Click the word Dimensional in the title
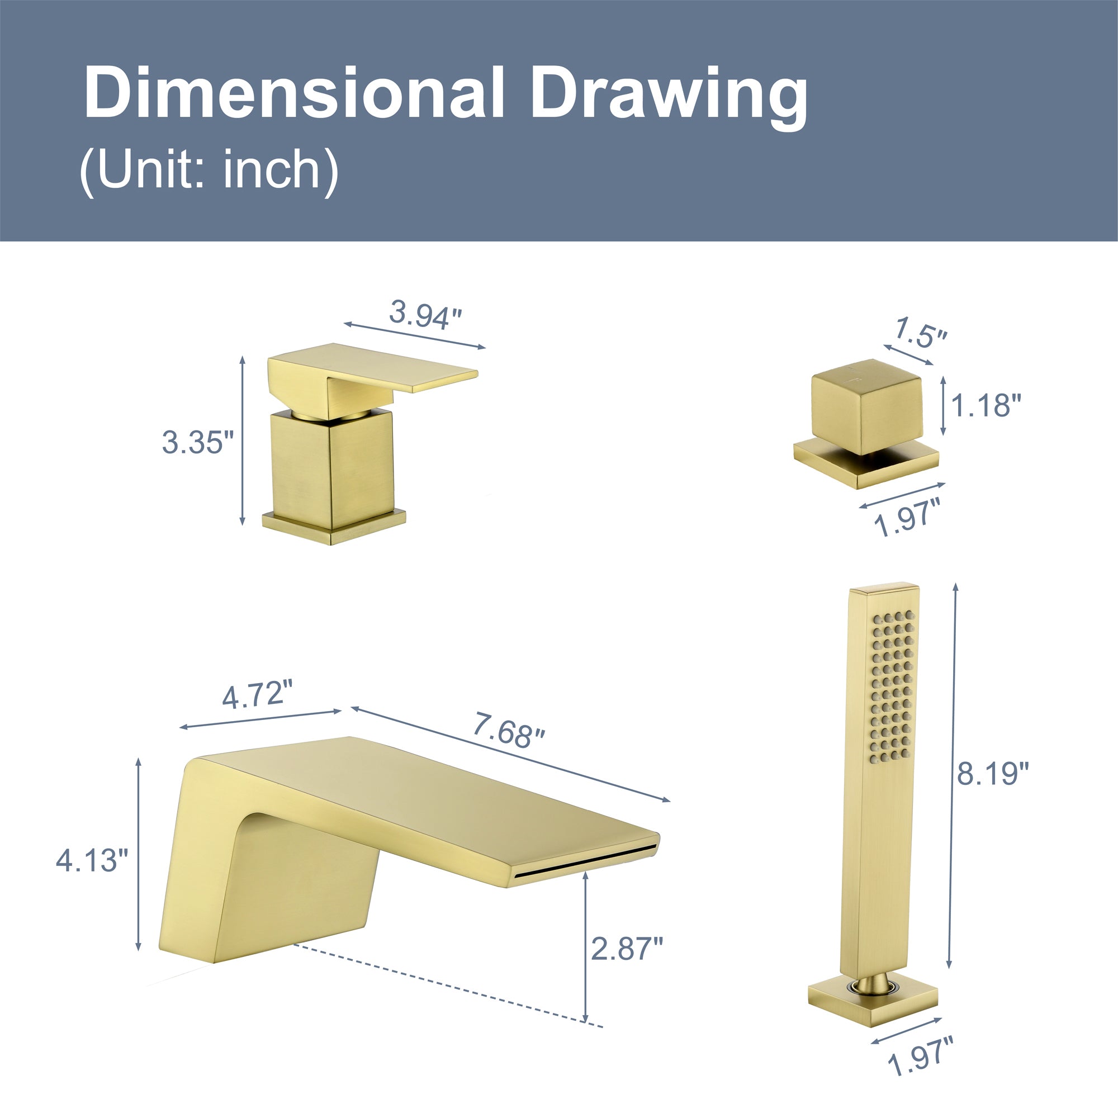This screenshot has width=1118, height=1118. (295, 93)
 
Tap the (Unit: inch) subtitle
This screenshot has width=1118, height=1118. (209, 170)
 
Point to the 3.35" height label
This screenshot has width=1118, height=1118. (198, 443)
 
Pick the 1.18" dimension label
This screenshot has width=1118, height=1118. (986, 406)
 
